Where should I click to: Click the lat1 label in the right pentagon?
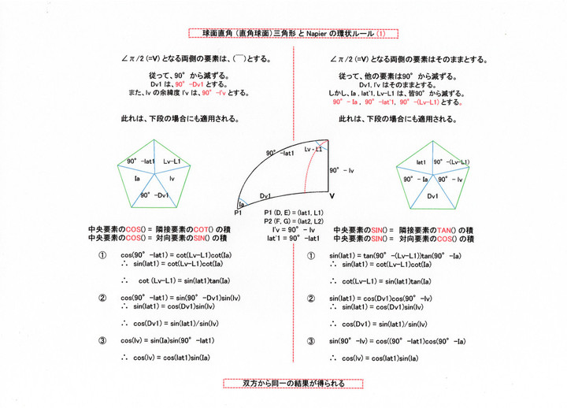coord(418,161)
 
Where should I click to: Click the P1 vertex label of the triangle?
coord(238,213)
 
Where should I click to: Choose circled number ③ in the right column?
coord(312,341)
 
